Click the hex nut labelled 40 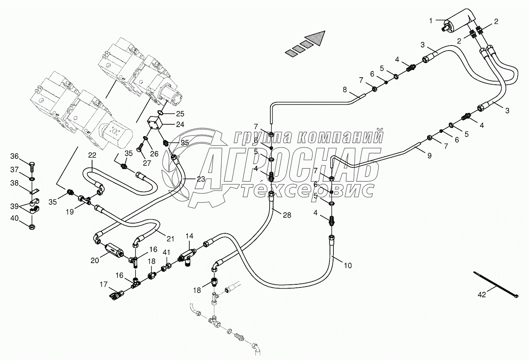(x=33, y=226)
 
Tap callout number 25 (x=179, y=114)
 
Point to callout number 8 (x=345, y=89)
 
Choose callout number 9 (x=429, y=156)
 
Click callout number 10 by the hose (x=348, y=265)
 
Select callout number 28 (x=287, y=215)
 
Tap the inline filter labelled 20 (x=115, y=249)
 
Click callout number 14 (x=190, y=236)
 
